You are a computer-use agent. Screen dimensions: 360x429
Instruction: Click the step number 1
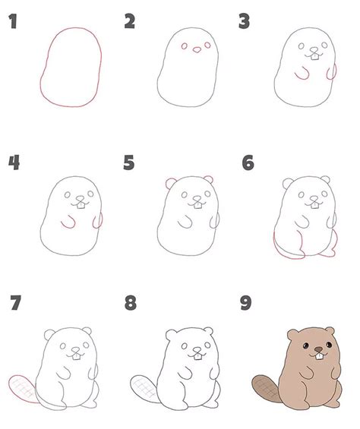click(x=13, y=21)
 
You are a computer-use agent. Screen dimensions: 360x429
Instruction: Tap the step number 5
click(x=129, y=162)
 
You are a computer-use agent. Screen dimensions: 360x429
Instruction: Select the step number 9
click(x=245, y=303)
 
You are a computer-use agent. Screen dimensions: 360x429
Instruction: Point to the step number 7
click(x=15, y=303)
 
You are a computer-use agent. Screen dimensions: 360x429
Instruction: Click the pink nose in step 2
click(x=197, y=50)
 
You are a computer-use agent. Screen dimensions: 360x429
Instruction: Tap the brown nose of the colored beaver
click(x=318, y=349)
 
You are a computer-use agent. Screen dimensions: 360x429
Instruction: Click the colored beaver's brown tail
click(x=266, y=389)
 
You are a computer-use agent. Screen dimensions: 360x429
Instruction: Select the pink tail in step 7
click(x=23, y=389)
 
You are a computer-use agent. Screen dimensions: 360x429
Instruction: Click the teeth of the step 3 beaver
click(x=315, y=57)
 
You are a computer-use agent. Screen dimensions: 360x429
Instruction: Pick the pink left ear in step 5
click(x=171, y=183)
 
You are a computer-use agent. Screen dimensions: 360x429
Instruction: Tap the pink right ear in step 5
click(x=209, y=179)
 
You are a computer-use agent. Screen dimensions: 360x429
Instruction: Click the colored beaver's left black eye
click(x=305, y=345)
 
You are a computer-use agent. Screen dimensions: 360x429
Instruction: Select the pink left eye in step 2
click(x=185, y=46)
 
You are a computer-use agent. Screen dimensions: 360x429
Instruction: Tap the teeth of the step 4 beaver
click(x=81, y=206)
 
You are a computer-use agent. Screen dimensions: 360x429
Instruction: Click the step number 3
click(x=244, y=21)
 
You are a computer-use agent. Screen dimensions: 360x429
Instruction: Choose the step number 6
click(x=248, y=162)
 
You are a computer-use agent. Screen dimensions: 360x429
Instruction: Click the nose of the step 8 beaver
click(x=197, y=350)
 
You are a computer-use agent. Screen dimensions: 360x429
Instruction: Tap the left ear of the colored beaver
click(x=292, y=335)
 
